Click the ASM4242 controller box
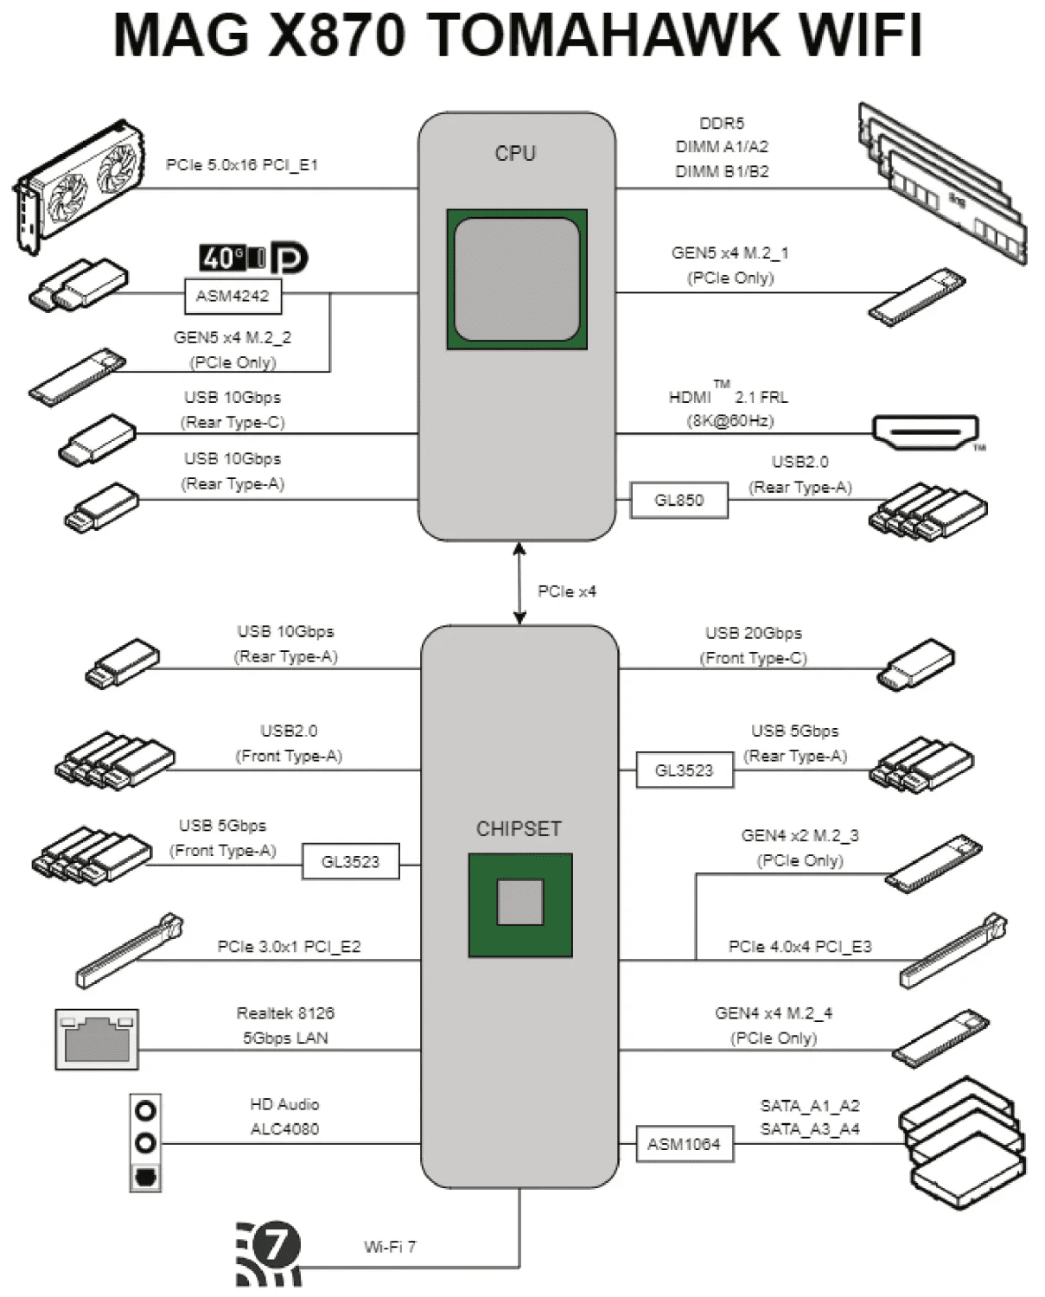point(233,296)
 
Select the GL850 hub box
point(679,500)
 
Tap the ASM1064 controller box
point(684,1144)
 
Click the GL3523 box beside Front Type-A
point(350,861)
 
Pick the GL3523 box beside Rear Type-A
point(684,770)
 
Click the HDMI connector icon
point(926,431)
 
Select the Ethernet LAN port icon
point(97,1038)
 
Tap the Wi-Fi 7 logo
point(269,1253)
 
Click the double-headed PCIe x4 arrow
point(519,583)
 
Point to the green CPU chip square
point(517,279)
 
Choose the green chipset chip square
point(520,904)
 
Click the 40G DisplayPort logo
point(253,258)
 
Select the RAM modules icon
point(942,182)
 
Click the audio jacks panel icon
point(145,1143)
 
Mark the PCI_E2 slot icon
point(129,951)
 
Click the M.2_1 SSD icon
point(916,297)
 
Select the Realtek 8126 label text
point(285,1013)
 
